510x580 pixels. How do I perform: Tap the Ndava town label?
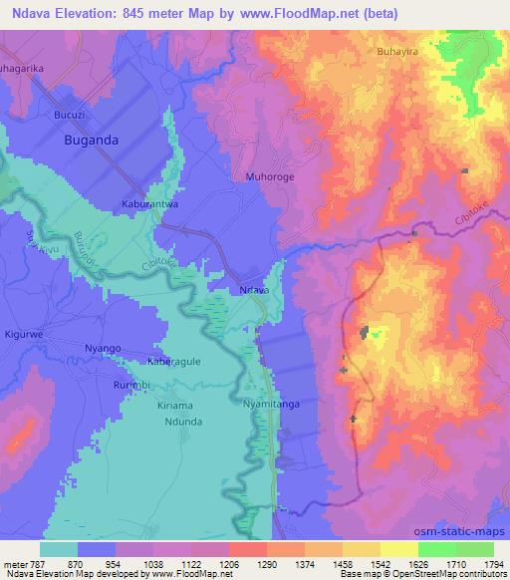click(255, 289)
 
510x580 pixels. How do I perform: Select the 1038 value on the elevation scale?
click(174, 562)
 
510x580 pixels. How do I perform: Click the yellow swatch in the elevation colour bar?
click(399, 549)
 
